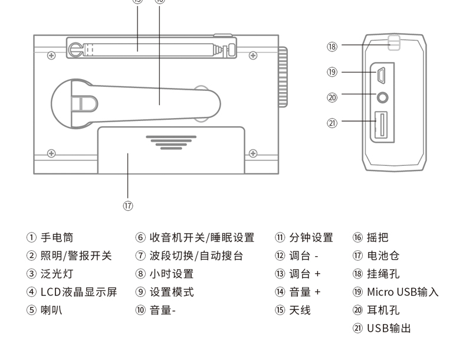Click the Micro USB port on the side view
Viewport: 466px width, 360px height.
click(382, 75)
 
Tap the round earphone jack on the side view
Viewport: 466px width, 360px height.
click(383, 96)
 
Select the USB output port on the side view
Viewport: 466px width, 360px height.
click(382, 125)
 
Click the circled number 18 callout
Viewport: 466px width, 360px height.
click(332, 47)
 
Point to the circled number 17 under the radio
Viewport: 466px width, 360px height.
click(128, 205)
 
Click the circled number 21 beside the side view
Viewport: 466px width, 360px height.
click(332, 123)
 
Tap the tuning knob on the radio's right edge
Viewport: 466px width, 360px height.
click(283, 77)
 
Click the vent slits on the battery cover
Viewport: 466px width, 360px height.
click(171, 142)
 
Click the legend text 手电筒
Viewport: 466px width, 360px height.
click(57, 237)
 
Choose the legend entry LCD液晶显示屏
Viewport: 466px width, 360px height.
click(78, 292)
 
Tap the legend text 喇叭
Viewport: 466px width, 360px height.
click(51, 310)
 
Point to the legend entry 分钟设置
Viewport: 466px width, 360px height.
click(311, 237)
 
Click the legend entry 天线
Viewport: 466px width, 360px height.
click(300, 310)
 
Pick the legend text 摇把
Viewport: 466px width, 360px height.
click(378, 237)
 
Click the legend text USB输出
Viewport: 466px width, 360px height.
click(389, 328)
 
